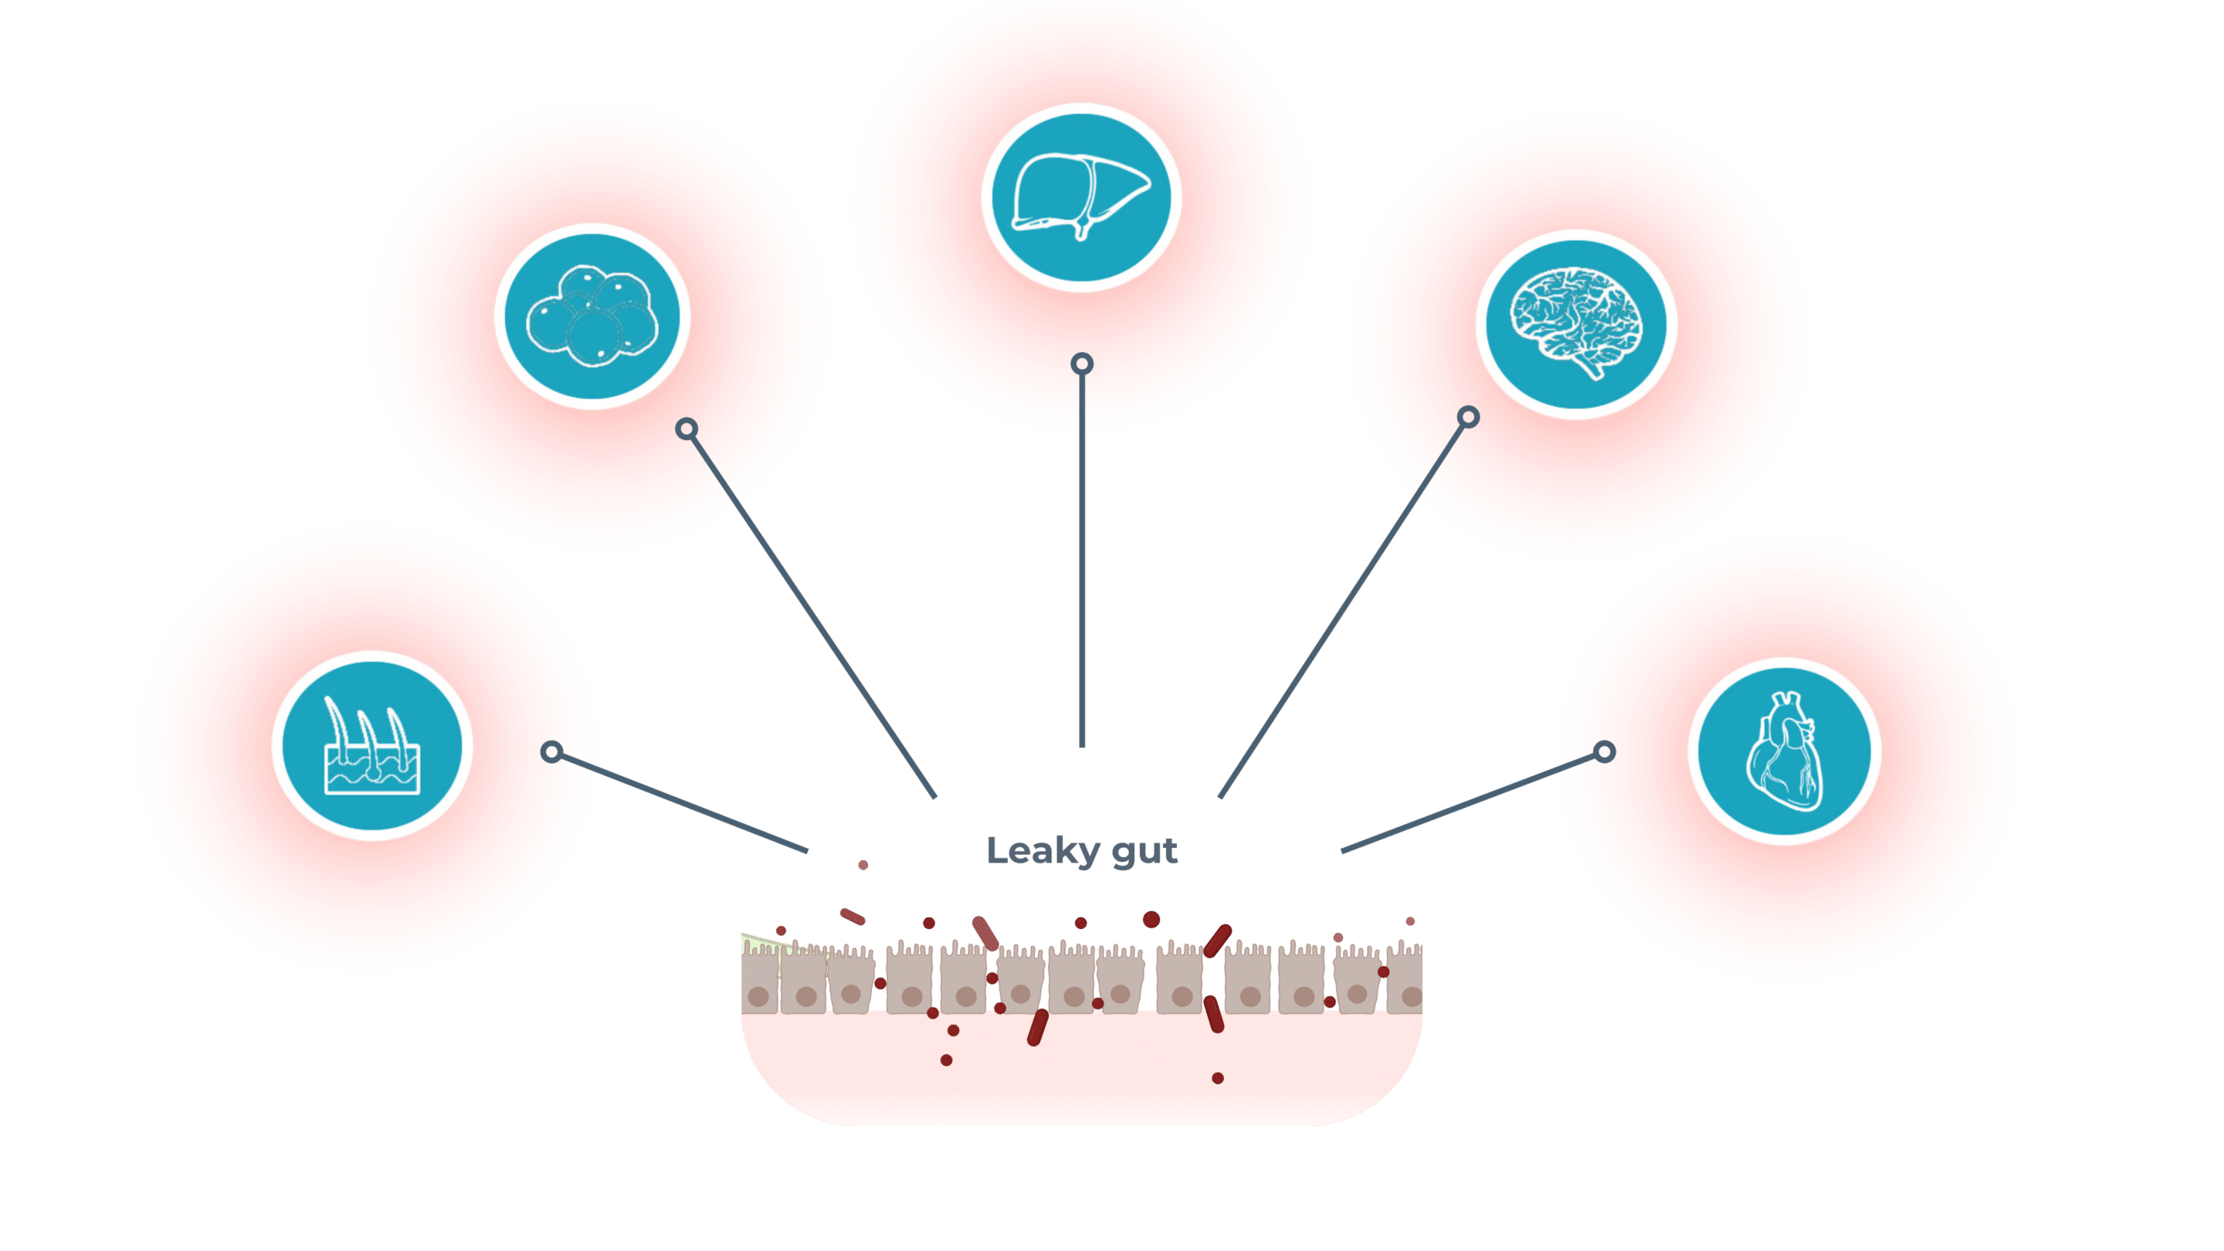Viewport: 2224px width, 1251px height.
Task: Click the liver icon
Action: tap(1081, 197)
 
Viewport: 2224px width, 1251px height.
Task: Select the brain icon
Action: tap(1576, 324)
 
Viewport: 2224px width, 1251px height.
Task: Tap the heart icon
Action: tap(1785, 751)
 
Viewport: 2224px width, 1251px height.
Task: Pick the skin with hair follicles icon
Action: tap(372, 746)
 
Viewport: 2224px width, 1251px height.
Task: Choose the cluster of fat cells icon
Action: tap(592, 316)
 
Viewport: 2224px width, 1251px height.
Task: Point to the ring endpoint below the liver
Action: tap(1082, 364)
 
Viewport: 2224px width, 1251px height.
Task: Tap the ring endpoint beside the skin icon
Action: tap(551, 752)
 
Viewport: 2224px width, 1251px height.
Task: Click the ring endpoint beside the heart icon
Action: tap(1604, 751)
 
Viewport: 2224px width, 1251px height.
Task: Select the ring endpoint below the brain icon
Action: tap(1468, 418)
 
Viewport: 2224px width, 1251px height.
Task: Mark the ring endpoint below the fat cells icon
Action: tap(687, 429)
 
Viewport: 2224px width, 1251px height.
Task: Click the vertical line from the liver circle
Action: tap(1083, 561)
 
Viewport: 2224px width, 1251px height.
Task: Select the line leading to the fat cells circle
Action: tap(812, 613)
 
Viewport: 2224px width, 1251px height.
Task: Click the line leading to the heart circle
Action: tap(1468, 803)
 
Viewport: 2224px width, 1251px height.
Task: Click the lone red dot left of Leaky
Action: tap(863, 864)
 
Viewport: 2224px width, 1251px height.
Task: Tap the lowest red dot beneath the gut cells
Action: tap(1217, 1077)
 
